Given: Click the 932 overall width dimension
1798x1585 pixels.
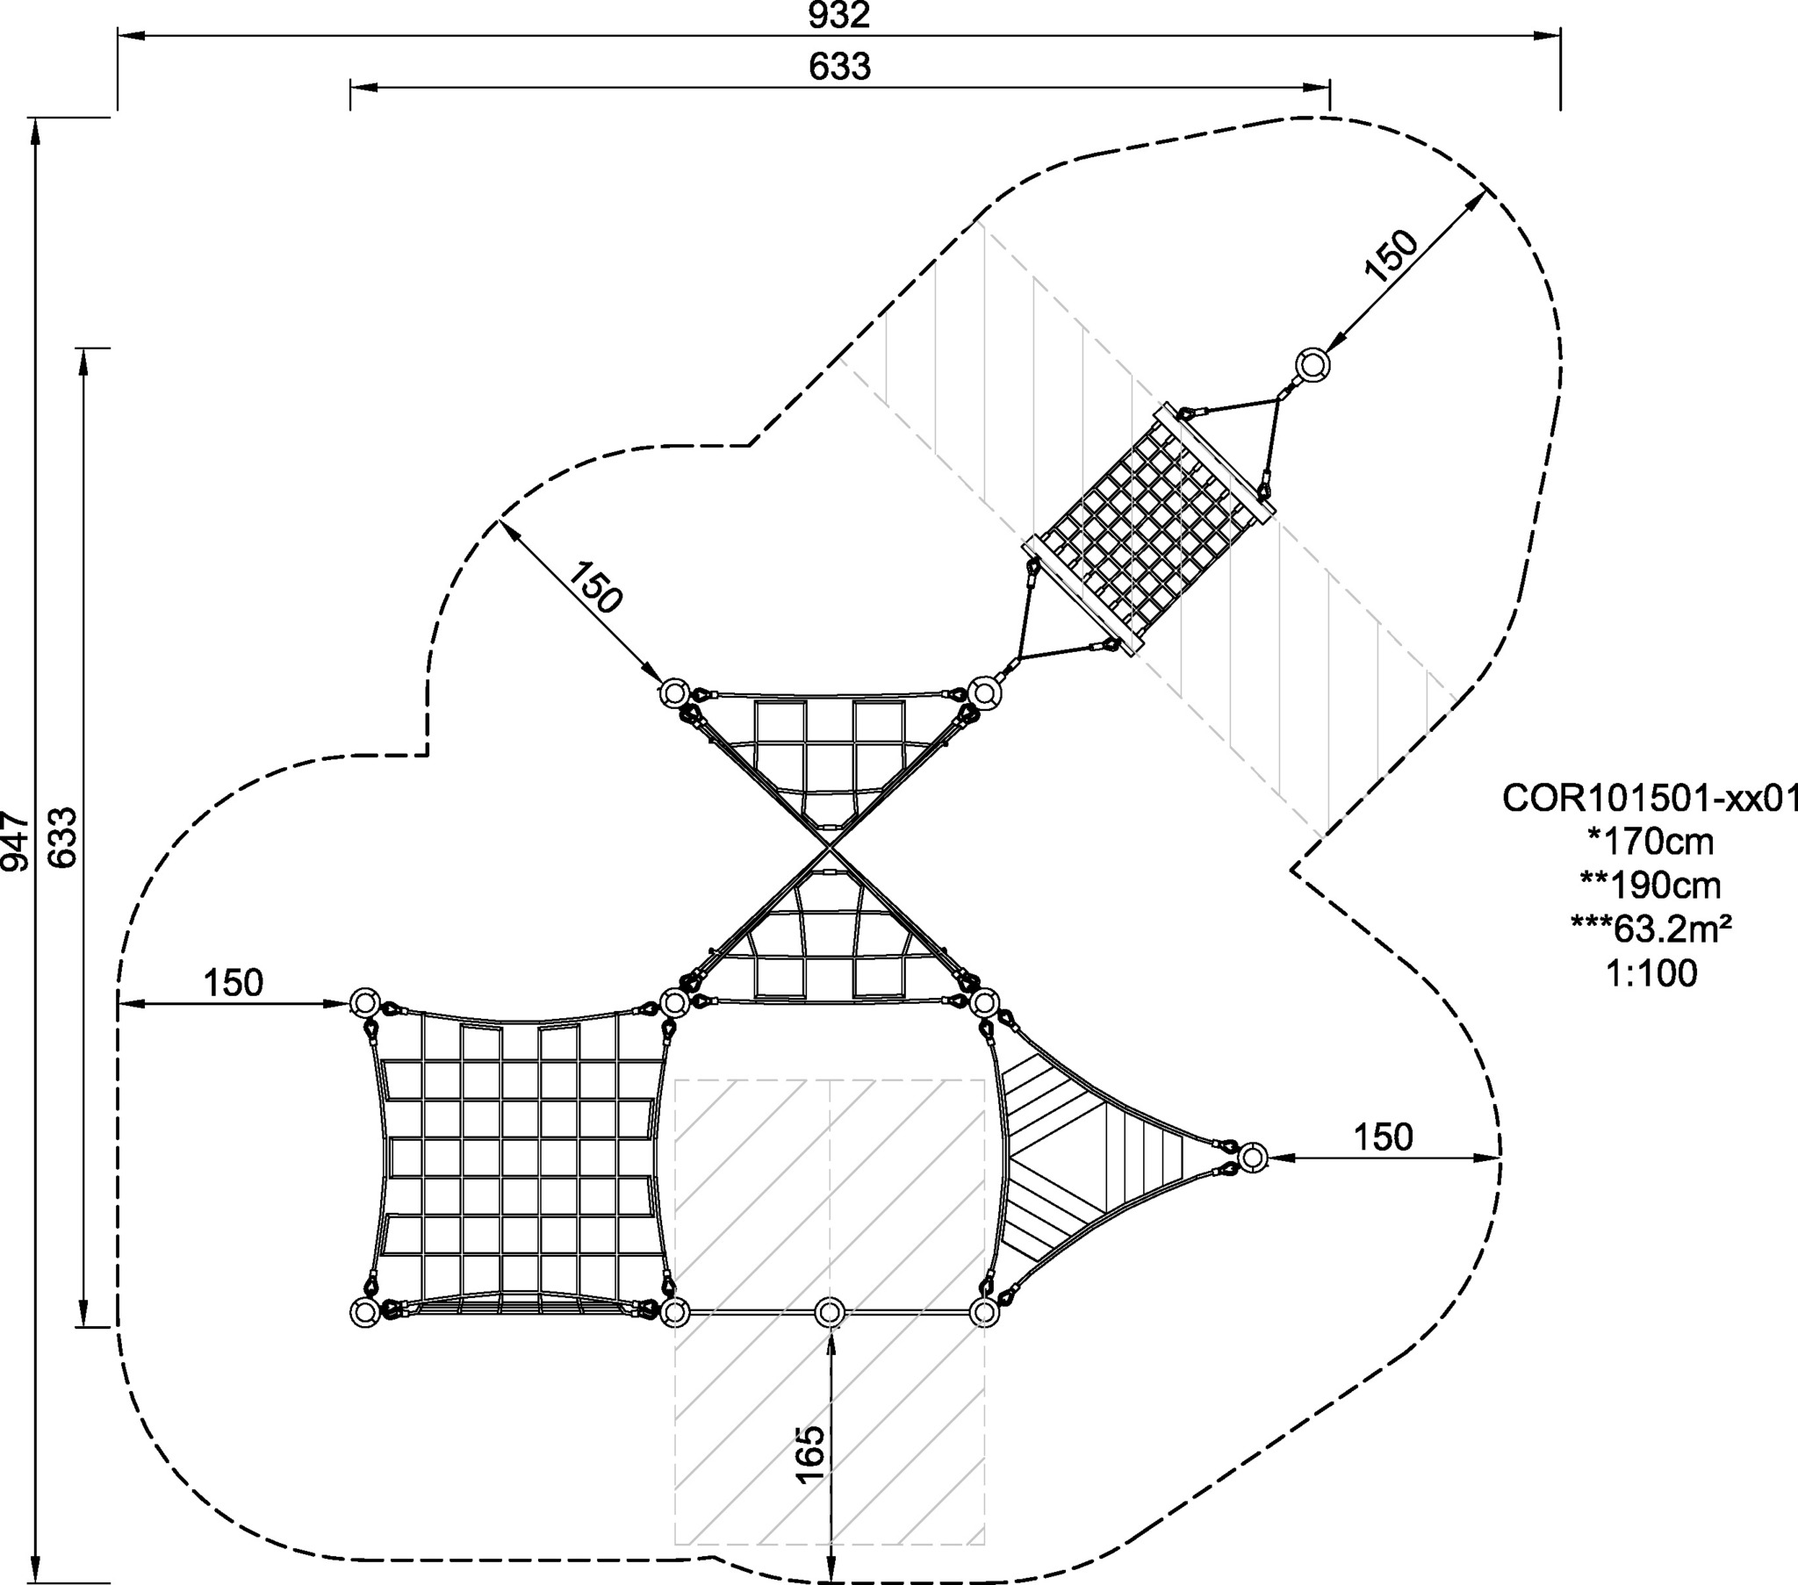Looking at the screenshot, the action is pyautogui.click(x=839, y=15).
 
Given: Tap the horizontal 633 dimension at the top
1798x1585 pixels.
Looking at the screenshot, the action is pyautogui.click(x=839, y=67).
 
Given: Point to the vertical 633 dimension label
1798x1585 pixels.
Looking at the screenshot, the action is pyautogui.click(x=63, y=837).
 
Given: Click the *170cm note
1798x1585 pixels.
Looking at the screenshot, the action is pyautogui.click(x=1650, y=842).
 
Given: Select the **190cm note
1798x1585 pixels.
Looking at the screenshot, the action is pyautogui.click(x=1650, y=885).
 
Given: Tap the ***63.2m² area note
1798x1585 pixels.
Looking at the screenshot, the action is pyautogui.click(x=1650, y=929).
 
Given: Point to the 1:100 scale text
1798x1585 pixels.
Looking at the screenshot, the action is pyautogui.click(x=1650, y=972).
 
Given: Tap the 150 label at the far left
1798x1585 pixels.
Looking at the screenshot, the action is pyautogui.click(x=234, y=983).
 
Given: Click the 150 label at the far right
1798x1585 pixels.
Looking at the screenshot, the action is pyautogui.click(x=1383, y=1137).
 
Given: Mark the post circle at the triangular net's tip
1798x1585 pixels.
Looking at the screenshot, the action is pyautogui.click(x=1252, y=1157).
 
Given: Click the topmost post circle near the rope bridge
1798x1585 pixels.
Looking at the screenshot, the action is pyautogui.click(x=1313, y=364).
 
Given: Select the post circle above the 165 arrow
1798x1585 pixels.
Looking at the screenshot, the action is pyautogui.click(x=829, y=1312).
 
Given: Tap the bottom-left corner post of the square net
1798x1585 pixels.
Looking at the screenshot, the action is pyautogui.click(x=364, y=1312).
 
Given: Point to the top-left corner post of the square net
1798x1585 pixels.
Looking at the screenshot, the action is pyautogui.click(x=364, y=1003).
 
